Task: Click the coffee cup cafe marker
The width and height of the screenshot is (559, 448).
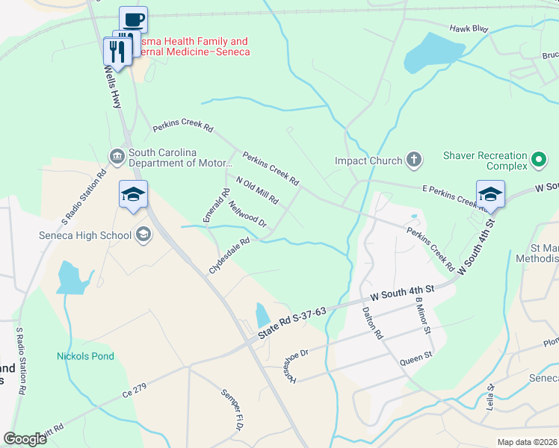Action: point(134,20)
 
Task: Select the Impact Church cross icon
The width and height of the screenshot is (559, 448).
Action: point(414,160)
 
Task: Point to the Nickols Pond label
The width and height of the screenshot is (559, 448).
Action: point(85,356)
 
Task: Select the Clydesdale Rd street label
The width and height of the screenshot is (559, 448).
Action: point(229,256)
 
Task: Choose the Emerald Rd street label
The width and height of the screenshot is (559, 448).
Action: point(212,204)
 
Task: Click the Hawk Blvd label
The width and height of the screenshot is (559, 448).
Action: point(468,29)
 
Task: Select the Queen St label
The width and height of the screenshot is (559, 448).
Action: point(417,358)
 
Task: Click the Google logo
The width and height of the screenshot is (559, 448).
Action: point(25,439)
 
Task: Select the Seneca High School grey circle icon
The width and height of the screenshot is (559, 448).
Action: point(143,236)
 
